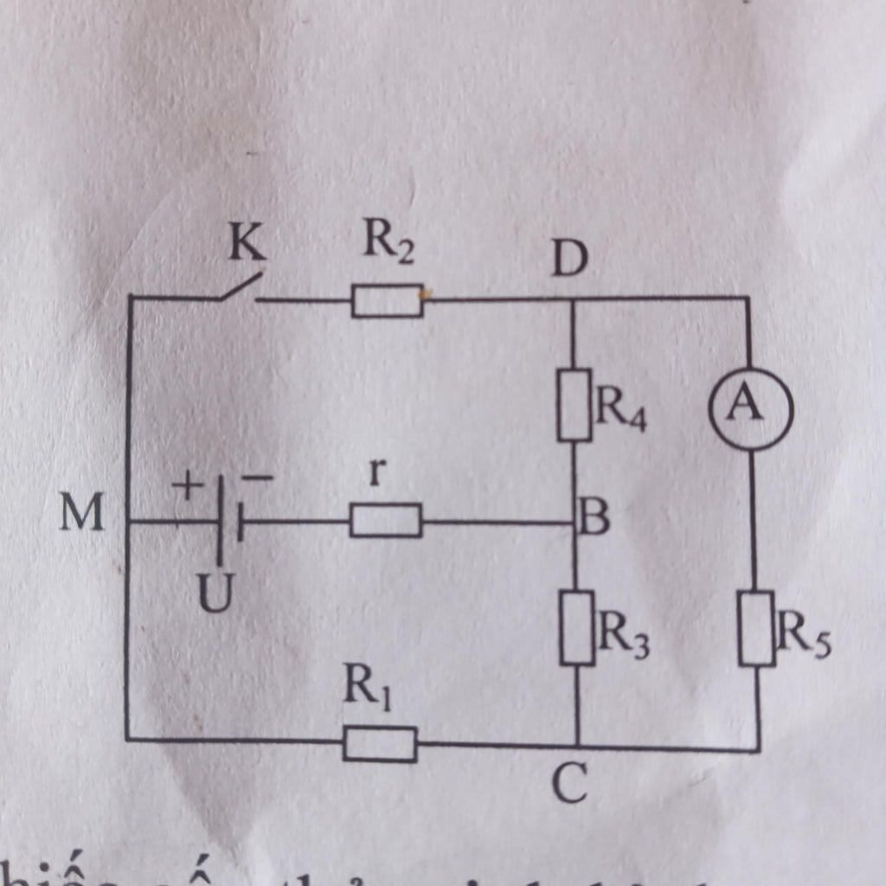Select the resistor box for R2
coord(387,301)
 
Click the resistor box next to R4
coord(574,404)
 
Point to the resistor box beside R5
coord(757,628)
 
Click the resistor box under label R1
coord(380,744)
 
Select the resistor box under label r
coord(385,521)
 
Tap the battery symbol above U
coord(227,522)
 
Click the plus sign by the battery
coord(185,486)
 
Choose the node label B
coord(594,520)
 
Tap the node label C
coord(570,786)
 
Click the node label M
coord(81,515)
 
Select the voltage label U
coord(214,595)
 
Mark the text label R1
coord(366,688)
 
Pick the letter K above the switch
coord(247,247)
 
